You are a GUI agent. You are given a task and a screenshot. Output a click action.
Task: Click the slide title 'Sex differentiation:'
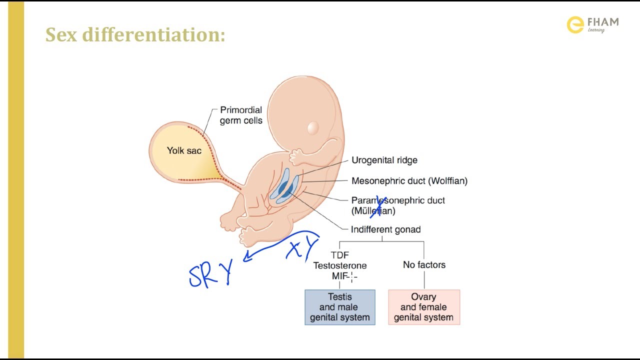135,34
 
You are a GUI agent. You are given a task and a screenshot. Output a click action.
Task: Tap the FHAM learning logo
592,24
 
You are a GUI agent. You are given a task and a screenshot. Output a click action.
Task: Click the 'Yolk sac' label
184,150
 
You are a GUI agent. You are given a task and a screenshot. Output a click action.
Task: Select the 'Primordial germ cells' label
241,115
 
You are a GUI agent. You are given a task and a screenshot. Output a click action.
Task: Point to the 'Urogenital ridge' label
384,160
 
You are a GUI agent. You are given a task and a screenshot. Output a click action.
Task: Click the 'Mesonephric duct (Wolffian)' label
409,181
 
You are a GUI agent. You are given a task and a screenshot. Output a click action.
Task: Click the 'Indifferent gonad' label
385,229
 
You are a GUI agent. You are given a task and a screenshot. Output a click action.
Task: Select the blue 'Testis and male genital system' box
340,307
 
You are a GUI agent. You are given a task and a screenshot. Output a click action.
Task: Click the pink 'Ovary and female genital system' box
423,307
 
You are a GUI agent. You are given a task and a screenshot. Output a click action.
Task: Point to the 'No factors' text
424,265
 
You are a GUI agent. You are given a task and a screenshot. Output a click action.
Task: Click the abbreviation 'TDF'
340,255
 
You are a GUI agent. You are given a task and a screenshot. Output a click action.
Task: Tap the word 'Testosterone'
340,265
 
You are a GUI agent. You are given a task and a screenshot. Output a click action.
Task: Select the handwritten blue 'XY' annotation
303,248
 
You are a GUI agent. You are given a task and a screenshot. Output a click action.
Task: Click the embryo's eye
313,128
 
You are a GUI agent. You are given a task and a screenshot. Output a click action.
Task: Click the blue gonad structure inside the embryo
284,188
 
